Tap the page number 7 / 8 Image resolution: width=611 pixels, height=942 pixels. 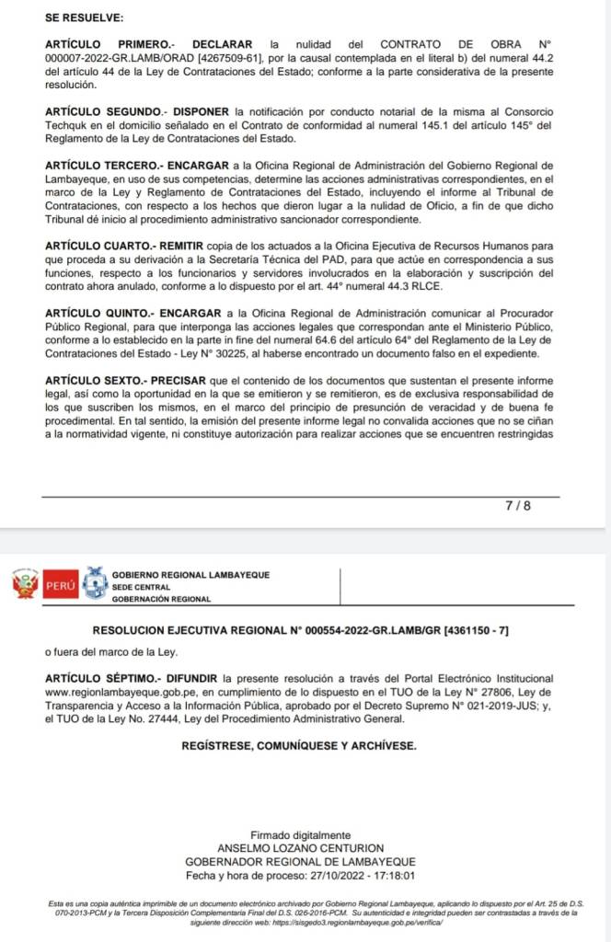pyautogui.click(x=519, y=505)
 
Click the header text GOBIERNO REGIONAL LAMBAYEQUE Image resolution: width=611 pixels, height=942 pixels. pyautogui.click(x=190, y=574)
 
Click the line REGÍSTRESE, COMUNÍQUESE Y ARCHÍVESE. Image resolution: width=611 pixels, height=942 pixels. pyautogui.click(x=299, y=744)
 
